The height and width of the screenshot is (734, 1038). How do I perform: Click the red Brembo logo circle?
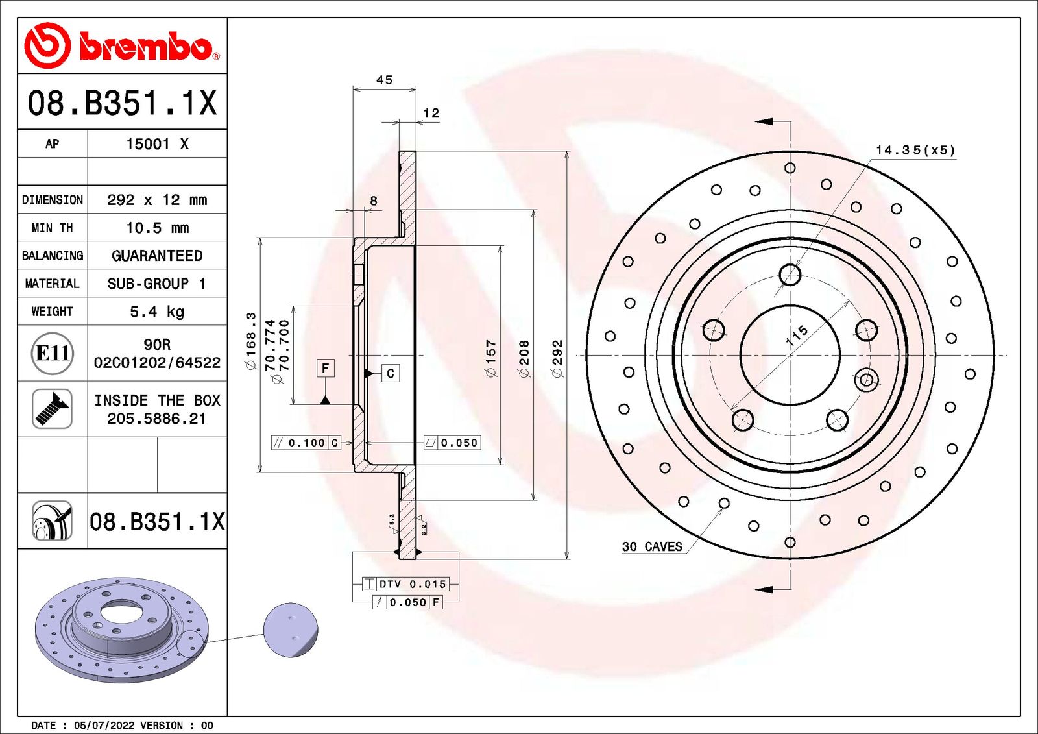click(x=47, y=45)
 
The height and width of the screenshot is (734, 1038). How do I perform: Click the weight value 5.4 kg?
click(x=157, y=312)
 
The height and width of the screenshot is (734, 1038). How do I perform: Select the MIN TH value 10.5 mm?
click(x=157, y=228)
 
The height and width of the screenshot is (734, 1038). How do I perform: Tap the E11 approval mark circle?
click(x=52, y=353)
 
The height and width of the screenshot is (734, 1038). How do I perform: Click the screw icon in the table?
click(x=52, y=408)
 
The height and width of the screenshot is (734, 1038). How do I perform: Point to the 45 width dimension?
click(x=384, y=80)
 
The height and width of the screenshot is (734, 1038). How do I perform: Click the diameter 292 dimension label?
click(x=557, y=358)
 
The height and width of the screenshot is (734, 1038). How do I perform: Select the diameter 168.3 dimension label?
click(x=250, y=341)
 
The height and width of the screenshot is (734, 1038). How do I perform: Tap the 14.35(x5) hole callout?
click(x=915, y=150)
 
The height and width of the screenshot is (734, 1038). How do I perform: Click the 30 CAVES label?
click(x=651, y=546)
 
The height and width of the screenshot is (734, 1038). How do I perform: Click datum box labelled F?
click(x=326, y=368)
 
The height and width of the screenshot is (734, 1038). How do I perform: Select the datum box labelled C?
click(x=391, y=373)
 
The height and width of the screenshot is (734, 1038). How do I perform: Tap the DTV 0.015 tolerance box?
click(x=413, y=584)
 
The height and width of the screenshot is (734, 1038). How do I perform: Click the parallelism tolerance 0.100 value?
click(x=306, y=443)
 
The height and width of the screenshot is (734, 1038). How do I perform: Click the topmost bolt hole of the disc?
click(x=790, y=275)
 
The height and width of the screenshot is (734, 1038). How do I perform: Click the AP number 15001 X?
click(x=157, y=144)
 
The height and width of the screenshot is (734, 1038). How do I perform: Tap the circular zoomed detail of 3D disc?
click(x=291, y=630)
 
